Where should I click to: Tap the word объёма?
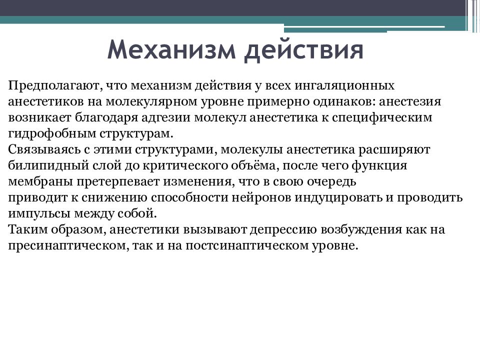[x=235, y=166]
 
